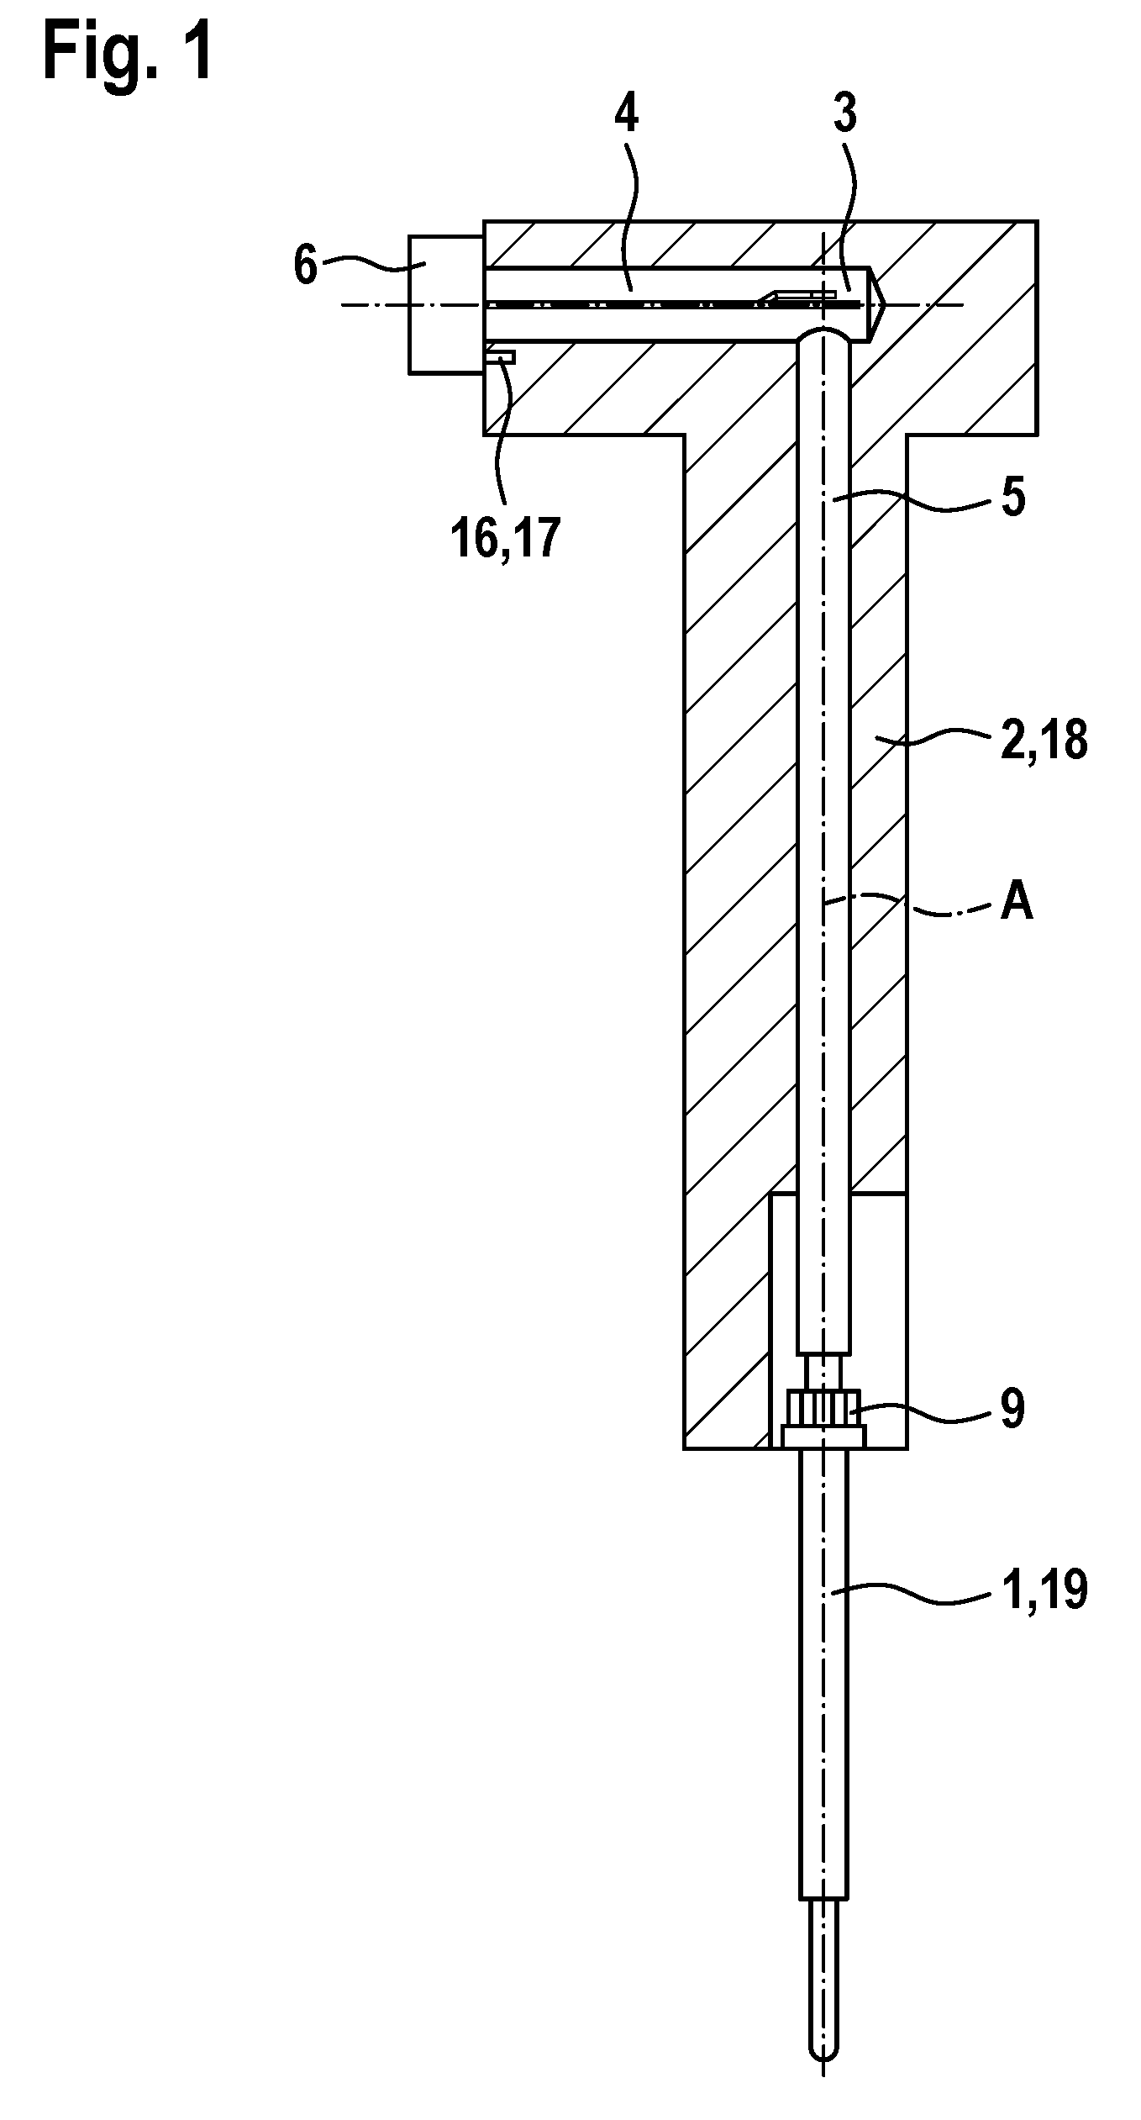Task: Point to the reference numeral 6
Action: (306, 265)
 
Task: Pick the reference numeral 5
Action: (1013, 498)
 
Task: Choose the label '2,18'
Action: (1044, 741)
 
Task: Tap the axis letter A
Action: (1017, 904)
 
